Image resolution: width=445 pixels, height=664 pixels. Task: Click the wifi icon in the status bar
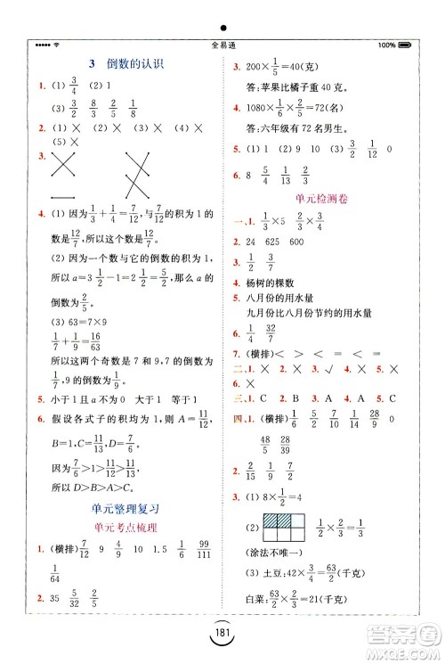point(56,45)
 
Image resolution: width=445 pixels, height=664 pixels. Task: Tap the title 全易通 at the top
point(222,45)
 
